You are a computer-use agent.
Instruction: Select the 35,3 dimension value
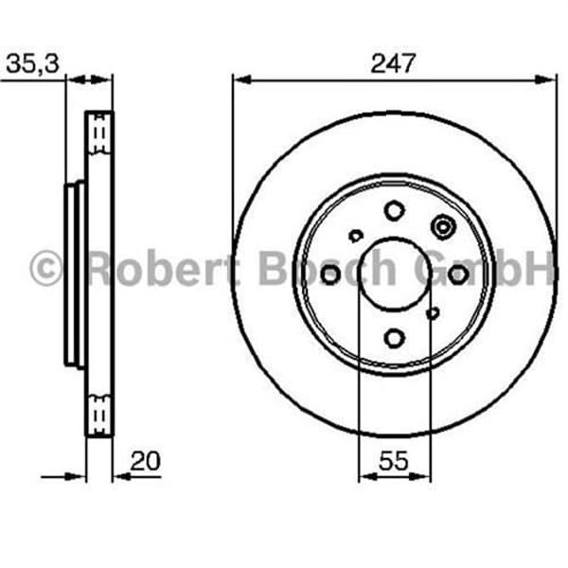(34, 64)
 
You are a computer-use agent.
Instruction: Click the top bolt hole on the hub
(394, 210)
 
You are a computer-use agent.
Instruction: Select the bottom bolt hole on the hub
(394, 337)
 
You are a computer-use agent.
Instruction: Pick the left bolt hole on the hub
(330, 275)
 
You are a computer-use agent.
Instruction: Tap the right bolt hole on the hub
(457, 274)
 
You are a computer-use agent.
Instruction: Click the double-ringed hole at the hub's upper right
(442, 226)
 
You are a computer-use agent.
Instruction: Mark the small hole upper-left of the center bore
(356, 236)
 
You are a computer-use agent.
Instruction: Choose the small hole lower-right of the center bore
(433, 312)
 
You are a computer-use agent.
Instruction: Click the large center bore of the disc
(394, 274)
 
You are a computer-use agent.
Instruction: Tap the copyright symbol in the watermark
(46, 269)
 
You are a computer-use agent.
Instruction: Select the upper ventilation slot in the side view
(98, 137)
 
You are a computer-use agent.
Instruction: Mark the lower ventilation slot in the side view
(98, 413)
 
